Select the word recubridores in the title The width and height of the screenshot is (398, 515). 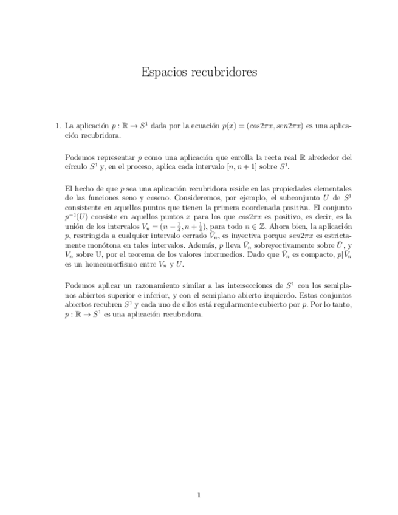coord(222,72)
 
